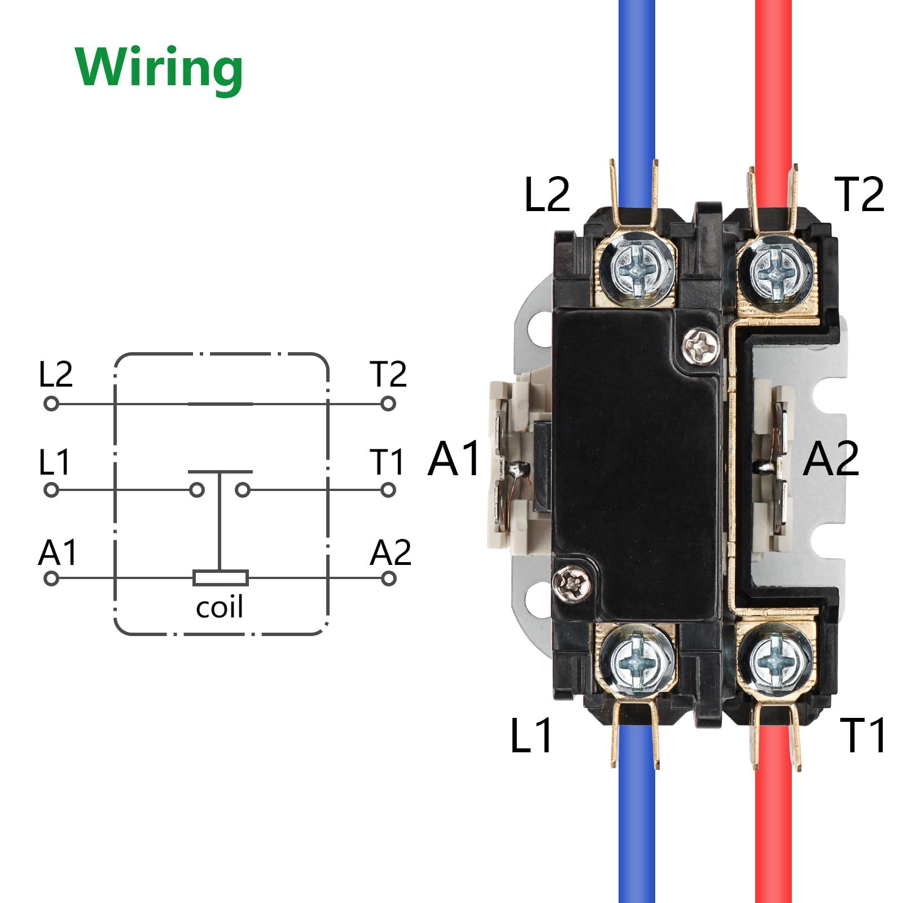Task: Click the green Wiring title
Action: coord(159,68)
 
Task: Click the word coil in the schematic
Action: coord(220,607)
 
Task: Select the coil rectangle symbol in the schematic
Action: coord(220,578)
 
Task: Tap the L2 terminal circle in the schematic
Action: coord(51,404)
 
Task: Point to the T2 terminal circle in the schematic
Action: coord(388,404)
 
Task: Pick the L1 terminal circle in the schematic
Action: coord(51,490)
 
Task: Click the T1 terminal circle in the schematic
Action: coord(388,490)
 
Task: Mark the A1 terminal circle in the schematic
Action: coord(51,578)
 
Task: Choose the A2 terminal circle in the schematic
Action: coord(388,578)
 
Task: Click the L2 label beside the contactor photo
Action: coord(546,195)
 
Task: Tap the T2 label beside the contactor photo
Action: coord(859,195)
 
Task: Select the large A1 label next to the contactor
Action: coord(454,458)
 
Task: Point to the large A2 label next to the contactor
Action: coord(831,458)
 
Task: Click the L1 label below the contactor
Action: coord(531,735)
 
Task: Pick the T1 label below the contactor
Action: coord(862,735)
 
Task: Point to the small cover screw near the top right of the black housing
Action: coord(701,345)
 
